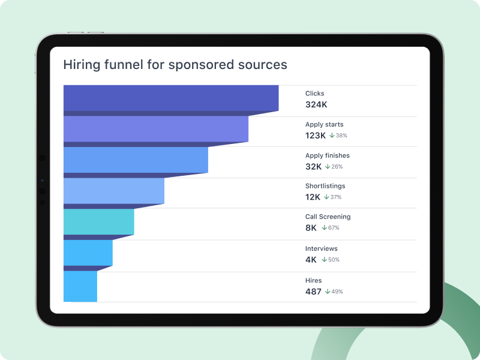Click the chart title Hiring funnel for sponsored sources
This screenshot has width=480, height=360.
tap(175, 64)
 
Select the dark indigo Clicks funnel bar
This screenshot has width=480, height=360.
tap(171, 98)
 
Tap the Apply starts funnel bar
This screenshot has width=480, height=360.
tap(155, 128)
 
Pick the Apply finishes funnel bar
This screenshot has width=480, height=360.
tap(136, 160)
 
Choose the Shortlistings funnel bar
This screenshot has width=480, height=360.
tap(113, 191)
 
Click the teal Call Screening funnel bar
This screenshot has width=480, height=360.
tap(98, 221)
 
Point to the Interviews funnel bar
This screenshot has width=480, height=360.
tap(88, 253)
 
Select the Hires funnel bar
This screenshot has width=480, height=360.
tap(80, 286)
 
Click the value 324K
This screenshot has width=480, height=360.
tap(316, 104)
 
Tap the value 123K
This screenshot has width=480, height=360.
tap(315, 136)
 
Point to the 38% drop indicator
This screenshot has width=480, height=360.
tap(338, 136)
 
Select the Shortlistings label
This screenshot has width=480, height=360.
tap(325, 186)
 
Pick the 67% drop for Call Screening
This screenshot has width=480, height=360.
tap(331, 228)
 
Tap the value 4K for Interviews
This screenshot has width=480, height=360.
tap(311, 260)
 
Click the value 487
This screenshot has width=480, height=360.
tap(314, 292)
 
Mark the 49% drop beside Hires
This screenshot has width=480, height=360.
tap(334, 292)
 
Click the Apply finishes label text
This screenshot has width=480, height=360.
tap(327, 156)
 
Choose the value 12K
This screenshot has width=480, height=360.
tap(313, 197)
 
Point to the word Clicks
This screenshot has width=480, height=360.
tap(314, 94)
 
